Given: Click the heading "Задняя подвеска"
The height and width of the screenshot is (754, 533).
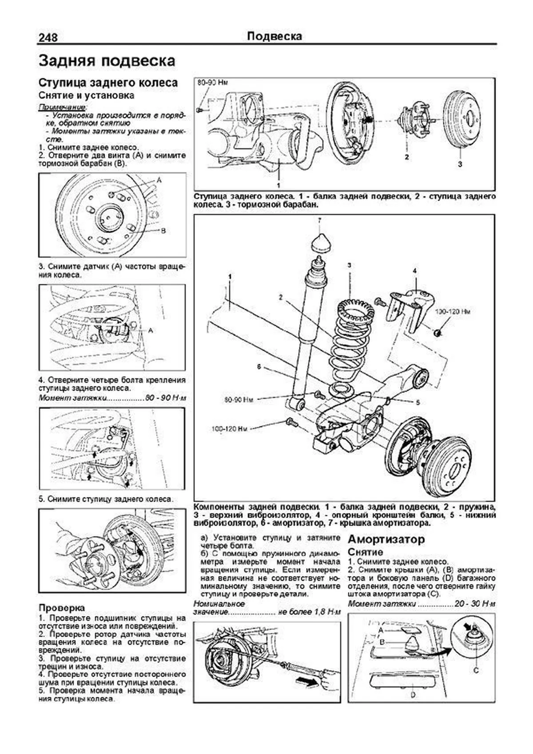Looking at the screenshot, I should pyautogui.click(x=107, y=61).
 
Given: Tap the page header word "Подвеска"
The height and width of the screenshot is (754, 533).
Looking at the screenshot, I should pyautogui.click(x=274, y=36).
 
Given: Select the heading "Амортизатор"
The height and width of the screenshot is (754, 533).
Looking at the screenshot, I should pyautogui.click(x=386, y=539).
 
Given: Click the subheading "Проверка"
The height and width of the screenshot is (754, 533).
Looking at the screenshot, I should pyautogui.click(x=61, y=607).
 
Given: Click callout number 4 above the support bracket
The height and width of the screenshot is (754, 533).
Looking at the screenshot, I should pyautogui.click(x=414, y=270).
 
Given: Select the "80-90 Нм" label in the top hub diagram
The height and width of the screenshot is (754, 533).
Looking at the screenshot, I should pyautogui.click(x=209, y=83).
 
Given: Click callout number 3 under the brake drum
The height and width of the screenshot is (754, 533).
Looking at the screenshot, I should pyautogui.click(x=460, y=164).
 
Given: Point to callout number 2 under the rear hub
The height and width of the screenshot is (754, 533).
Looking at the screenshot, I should pyautogui.click(x=406, y=156).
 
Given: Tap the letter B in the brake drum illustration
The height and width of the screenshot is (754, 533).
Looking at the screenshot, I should pyautogui.click(x=163, y=230).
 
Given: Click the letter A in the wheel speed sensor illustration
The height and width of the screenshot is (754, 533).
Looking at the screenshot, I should pyautogui.click(x=151, y=330).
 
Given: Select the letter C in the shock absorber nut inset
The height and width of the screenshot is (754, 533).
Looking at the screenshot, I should pyautogui.click(x=476, y=671).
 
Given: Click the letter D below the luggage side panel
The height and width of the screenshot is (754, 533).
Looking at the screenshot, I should pyautogui.click(x=413, y=694).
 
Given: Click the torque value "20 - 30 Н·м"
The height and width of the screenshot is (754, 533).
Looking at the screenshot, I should pyautogui.click(x=475, y=604).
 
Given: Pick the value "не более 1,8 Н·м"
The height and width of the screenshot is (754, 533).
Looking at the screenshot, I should pyautogui.click(x=310, y=612).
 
